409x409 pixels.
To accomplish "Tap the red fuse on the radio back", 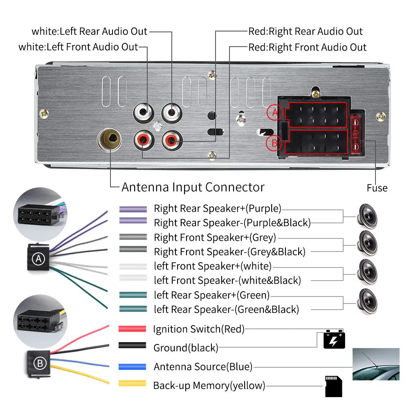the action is point(355,135).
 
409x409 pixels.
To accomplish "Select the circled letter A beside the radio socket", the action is point(275,112).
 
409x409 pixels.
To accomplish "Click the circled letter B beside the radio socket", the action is point(274,143).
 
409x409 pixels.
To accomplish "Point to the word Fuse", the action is point(377,188).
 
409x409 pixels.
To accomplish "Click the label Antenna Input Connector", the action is point(193,187).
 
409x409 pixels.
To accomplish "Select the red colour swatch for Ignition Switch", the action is point(132,329).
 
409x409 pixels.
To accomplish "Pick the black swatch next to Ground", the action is point(132,345).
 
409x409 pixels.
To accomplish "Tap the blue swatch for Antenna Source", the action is point(132,366).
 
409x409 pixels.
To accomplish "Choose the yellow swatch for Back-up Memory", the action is point(132,383).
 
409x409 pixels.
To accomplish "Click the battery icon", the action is point(334,339).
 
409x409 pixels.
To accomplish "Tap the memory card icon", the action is point(334,387).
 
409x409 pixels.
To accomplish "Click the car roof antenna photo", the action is point(376,364).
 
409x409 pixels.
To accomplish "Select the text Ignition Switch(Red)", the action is point(199,329).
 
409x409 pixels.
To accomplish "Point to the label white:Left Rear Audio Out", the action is point(90,31).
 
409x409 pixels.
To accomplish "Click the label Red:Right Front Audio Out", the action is point(307,47).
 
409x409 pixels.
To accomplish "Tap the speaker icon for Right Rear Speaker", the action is point(367,216).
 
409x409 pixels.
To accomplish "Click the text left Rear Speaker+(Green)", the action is point(211,295).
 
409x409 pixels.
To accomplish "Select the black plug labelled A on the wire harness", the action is point(38,257).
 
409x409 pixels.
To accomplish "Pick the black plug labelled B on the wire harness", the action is point(39,364).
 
